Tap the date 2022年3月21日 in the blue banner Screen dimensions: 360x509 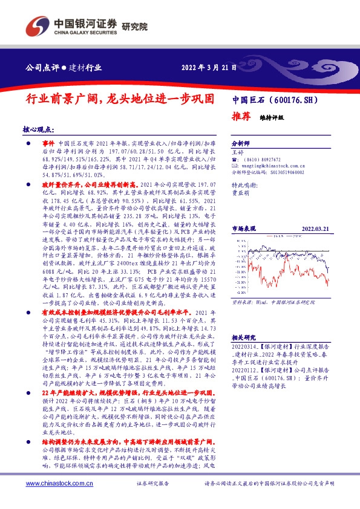pyautogui.click(x=209, y=68)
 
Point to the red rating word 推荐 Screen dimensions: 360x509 pyautogui.click(x=242, y=117)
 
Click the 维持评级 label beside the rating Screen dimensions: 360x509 pyautogui.click(x=272, y=118)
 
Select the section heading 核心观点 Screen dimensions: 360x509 pyautogui.click(x=38, y=129)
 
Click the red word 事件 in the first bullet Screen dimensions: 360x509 pyautogui.click(x=48, y=141)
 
